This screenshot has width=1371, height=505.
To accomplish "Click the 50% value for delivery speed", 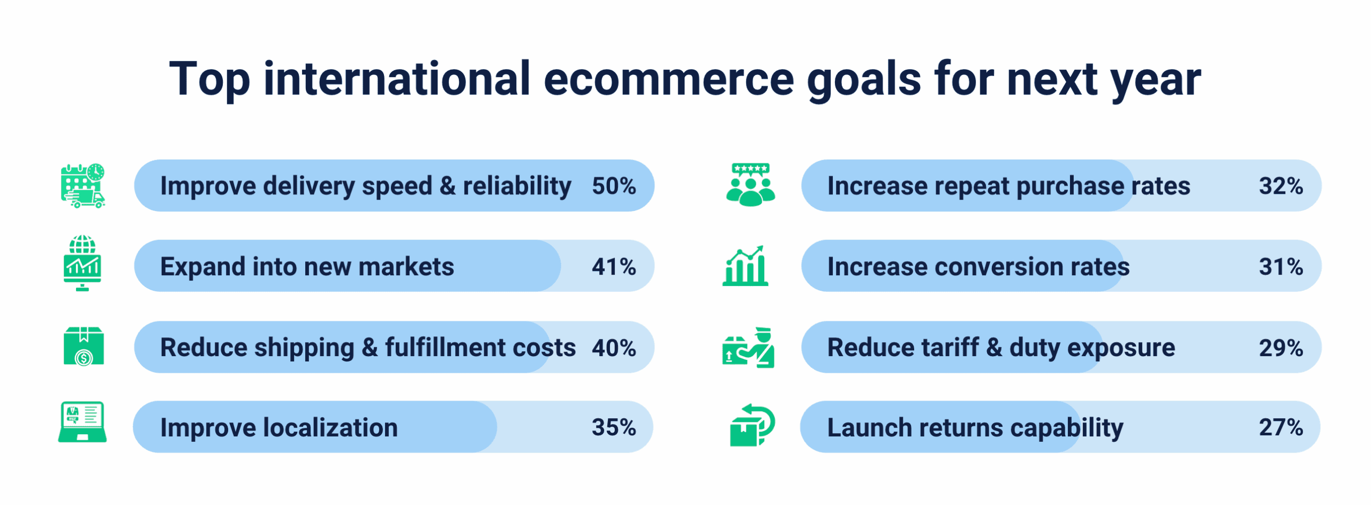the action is (614, 186).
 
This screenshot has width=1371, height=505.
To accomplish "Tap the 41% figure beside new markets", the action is (614, 266).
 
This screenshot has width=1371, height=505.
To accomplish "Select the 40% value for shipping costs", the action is (614, 348).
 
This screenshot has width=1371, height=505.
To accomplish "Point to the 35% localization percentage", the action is (614, 427).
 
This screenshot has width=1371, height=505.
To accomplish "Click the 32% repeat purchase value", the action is (1281, 186).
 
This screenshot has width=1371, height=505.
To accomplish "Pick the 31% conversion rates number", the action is (1281, 266).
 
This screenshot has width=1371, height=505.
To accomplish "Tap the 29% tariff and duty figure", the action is (1281, 348).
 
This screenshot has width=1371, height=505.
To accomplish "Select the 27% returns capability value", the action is (1281, 427).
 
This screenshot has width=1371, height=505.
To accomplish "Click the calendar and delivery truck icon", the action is (83, 186).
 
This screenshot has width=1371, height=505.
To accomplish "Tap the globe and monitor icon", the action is (82, 263).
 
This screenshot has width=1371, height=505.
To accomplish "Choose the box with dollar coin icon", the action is (84, 346).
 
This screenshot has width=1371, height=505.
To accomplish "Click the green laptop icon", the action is (82, 422).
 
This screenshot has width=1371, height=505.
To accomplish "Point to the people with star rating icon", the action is (750, 185).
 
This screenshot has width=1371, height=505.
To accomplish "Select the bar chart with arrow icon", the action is (745, 266).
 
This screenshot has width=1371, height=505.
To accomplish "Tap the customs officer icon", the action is (748, 348).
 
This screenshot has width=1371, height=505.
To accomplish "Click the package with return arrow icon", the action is (752, 425).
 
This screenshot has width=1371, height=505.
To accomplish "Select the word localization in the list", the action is (331, 427).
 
